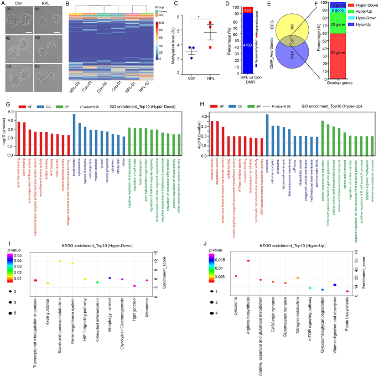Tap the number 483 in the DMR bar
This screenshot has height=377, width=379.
click(233, 10)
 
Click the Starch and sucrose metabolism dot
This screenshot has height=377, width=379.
click(60, 261)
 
